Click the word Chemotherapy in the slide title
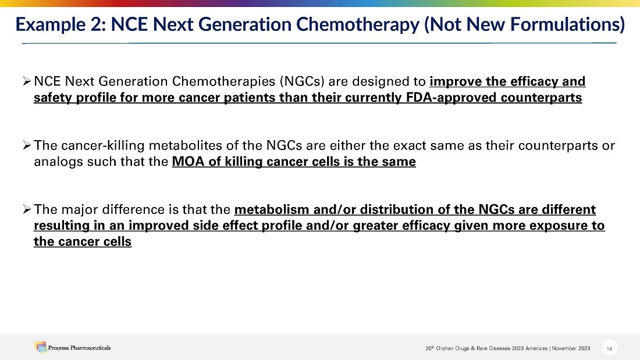pos(358,24)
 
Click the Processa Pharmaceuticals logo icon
pos(40,347)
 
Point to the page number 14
pos(609,348)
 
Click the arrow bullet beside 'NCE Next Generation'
pos(27,81)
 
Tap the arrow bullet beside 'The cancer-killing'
pos(27,145)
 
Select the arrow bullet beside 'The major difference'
pos(27,209)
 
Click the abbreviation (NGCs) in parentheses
pos(302,81)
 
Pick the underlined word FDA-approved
pos(451,98)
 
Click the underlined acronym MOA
pos(188,162)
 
